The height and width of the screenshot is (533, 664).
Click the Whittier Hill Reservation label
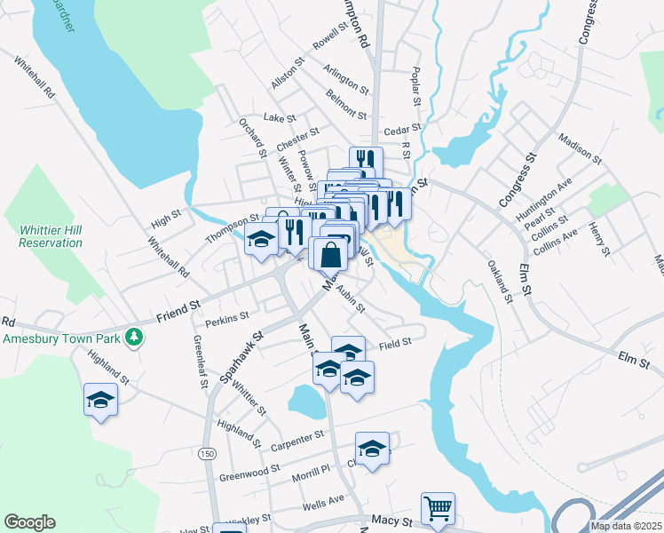pyautogui.click(x=50, y=235)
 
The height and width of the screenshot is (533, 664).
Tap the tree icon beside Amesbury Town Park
pyautogui.click(x=133, y=336)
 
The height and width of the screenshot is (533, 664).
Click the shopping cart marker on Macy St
pyautogui.click(x=438, y=507)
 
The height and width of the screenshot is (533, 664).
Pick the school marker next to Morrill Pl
pyautogui.click(x=373, y=448)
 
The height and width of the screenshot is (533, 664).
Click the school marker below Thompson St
pyautogui.click(x=261, y=239)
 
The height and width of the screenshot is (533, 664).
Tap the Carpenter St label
pyautogui.click(x=299, y=438)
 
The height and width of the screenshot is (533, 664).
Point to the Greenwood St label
pyautogui.click(x=250, y=472)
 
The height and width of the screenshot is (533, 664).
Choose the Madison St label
pyautogui.click(x=581, y=148)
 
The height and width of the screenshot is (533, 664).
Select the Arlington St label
pyautogui.click(x=346, y=79)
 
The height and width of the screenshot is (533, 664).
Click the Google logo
pyautogui.click(x=29, y=522)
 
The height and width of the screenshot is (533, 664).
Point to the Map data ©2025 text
pyautogui.click(x=626, y=526)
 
